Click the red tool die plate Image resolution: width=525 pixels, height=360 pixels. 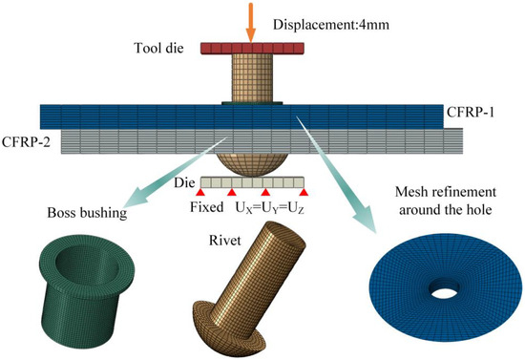click(x=251, y=47)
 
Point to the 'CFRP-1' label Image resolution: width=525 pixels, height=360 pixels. click(x=471, y=112)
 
